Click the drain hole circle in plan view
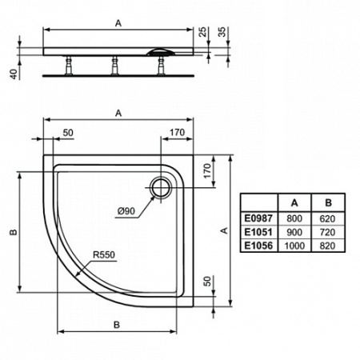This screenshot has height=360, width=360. pos(161,186)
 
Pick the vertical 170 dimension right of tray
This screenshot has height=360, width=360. pos(207,170)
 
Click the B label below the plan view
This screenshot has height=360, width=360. pos(117,324)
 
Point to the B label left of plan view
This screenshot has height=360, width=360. pos(12,232)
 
